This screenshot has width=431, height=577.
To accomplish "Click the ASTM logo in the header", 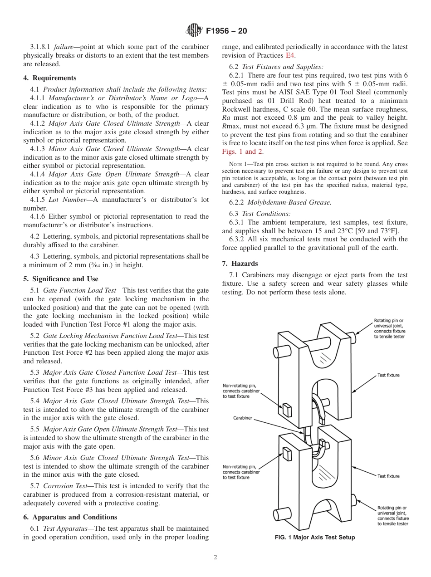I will [194, 31].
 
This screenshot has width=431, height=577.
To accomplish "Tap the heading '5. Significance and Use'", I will [61, 279].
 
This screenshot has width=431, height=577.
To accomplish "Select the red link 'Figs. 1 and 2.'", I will [243, 152].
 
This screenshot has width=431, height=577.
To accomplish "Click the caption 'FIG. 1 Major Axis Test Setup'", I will [315, 538].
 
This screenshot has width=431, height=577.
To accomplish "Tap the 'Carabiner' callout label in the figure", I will [243, 418].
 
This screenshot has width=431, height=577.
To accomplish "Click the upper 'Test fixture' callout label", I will [389, 375].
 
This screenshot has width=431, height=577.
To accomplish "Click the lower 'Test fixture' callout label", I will [389, 476].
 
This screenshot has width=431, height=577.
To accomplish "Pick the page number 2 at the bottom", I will [215, 557].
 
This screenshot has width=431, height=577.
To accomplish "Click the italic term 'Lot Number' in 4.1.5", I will [74, 200].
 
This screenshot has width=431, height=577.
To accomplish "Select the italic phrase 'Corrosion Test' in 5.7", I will [63, 486].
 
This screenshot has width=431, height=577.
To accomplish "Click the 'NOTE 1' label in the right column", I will [230, 164].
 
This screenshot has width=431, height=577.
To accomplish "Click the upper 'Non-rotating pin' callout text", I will [241, 391].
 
